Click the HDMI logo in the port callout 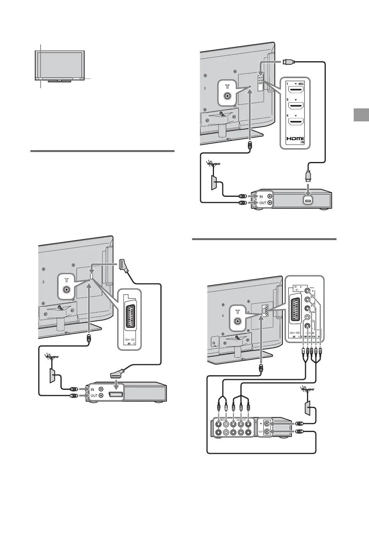tap(295, 139)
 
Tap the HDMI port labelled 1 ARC tap(295, 90)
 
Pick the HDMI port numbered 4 tap(295, 123)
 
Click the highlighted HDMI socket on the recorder tap(307, 200)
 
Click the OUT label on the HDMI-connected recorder tap(263, 203)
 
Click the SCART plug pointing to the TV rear tap(124, 265)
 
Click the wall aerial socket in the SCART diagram tap(52, 376)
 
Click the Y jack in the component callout tap(307, 291)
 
